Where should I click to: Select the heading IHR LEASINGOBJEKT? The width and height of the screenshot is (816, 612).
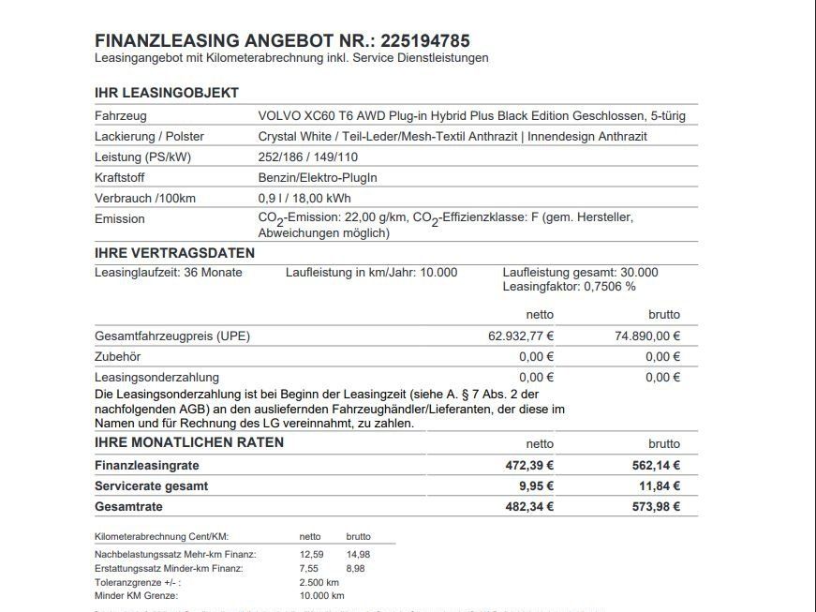[x=167, y=93]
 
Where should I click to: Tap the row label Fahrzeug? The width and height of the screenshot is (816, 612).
[x=122, y=115]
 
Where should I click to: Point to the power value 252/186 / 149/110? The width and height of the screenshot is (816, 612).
[x=308, y=157]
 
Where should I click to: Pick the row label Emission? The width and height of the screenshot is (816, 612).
[x=120, y=218]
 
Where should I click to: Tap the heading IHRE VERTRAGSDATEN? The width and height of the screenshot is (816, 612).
[x=174, y=253]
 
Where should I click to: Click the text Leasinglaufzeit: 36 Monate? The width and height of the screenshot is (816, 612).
[x=169, y=273]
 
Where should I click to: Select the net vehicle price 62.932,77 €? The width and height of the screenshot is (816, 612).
[x=520, y=336]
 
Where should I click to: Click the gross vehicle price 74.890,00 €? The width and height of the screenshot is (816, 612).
[x=647, y=336]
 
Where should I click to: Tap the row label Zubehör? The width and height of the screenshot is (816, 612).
[x=118, y=356]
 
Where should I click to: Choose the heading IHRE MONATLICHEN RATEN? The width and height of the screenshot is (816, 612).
[x=189, y=442]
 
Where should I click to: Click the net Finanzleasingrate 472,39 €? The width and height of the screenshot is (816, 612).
[x=529, y=465]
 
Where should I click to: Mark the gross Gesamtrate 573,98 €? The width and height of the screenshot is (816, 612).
[x=656, y=506]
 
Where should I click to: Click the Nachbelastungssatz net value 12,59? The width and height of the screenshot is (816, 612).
[x=311, y=554]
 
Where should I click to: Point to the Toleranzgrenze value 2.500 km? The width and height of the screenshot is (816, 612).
[x=319, y=582]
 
